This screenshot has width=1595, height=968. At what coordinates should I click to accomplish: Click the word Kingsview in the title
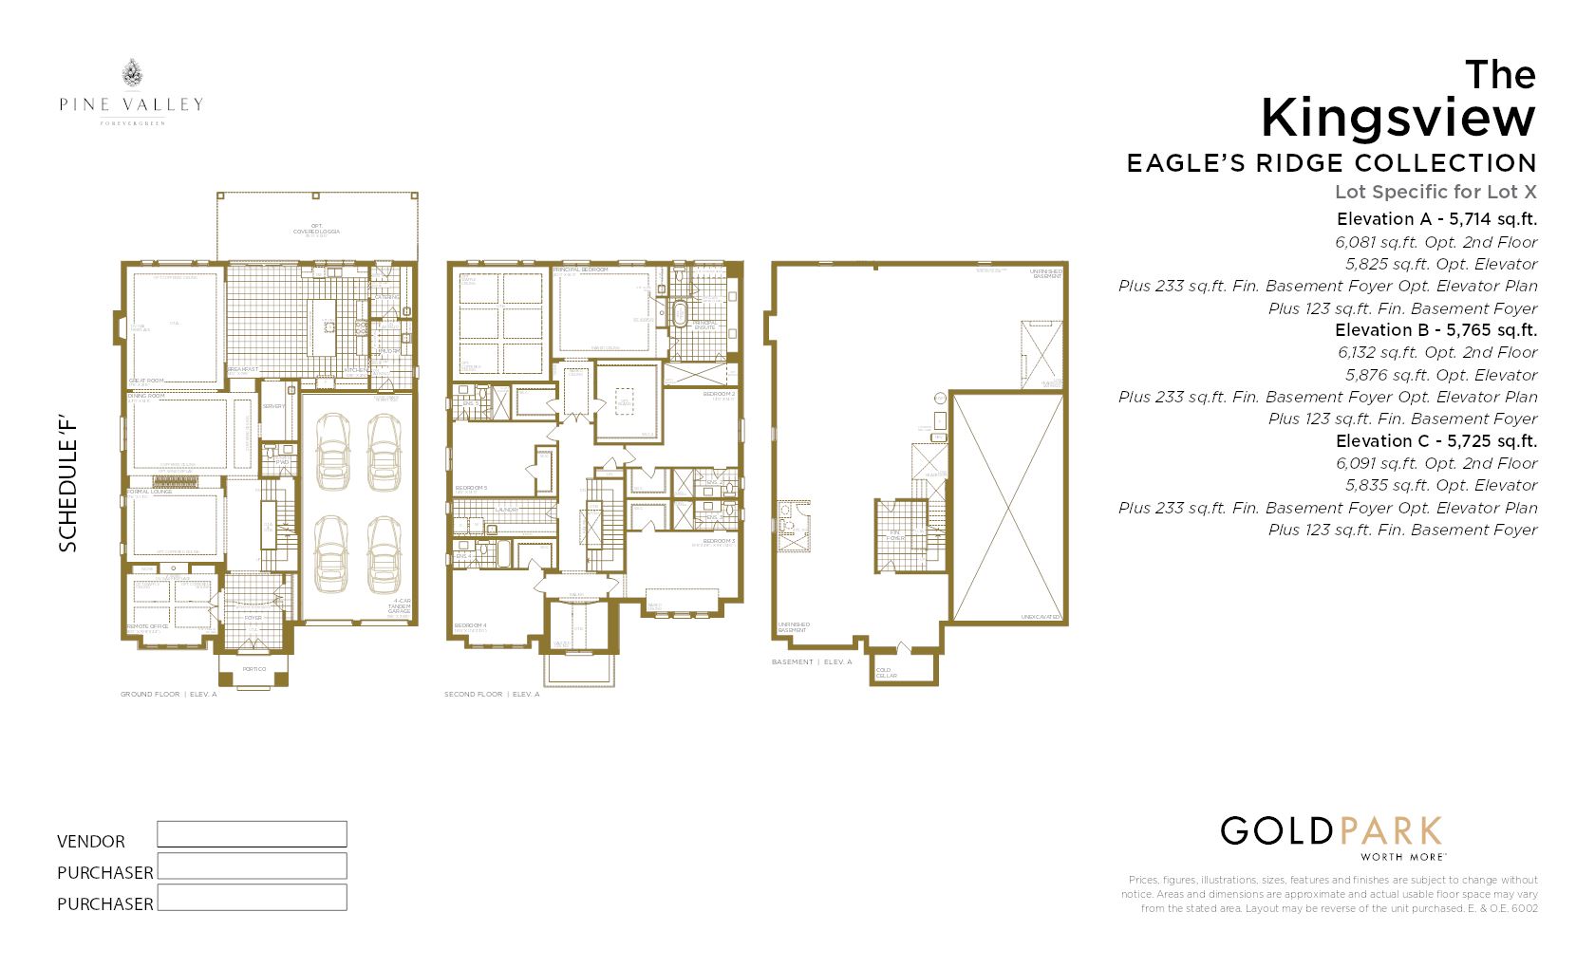(x=1397, y=119)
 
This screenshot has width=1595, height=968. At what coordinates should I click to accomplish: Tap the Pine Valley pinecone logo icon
(x=132, y=73)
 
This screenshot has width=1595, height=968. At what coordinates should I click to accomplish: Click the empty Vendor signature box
(x=252, y=834)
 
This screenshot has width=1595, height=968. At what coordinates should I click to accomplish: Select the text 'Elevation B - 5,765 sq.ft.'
(x=1435, y=330)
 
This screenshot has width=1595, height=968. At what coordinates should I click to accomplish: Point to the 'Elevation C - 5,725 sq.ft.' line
(x=1435, y=441)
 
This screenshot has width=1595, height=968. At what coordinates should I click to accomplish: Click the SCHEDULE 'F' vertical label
(x=67, y=484)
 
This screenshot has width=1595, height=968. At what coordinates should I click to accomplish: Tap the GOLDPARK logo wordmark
(x=1331, y=832)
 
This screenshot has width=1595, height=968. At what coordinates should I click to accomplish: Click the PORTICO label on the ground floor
(x=253, y=669)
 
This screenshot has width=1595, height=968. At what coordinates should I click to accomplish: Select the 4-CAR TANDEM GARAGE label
(x=401, y=606)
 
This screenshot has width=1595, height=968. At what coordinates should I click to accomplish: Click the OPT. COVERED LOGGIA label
(x=316, y=230)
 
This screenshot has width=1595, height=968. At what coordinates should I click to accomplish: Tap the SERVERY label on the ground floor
(x=273, y=406)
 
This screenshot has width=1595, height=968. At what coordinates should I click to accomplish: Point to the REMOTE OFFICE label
(x=147, y=626)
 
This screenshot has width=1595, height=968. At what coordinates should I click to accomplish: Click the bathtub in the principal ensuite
(x=680, y=314)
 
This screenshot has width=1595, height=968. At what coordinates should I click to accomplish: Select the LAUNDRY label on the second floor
(x=507, y=510)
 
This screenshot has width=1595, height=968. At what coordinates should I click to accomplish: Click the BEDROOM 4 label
(x=470, y=625)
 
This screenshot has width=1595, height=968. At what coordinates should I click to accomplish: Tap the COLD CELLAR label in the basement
(x=885, y=673)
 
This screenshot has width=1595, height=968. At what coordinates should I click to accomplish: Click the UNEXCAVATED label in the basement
(x=1040, y=617)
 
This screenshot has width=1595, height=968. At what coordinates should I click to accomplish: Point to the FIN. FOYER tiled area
(x=897, y=537)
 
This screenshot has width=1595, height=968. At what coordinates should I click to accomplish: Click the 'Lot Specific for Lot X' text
(x=1435, y=192)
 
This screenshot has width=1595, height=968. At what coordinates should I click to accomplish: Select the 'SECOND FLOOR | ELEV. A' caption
(x=491, y=695)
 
